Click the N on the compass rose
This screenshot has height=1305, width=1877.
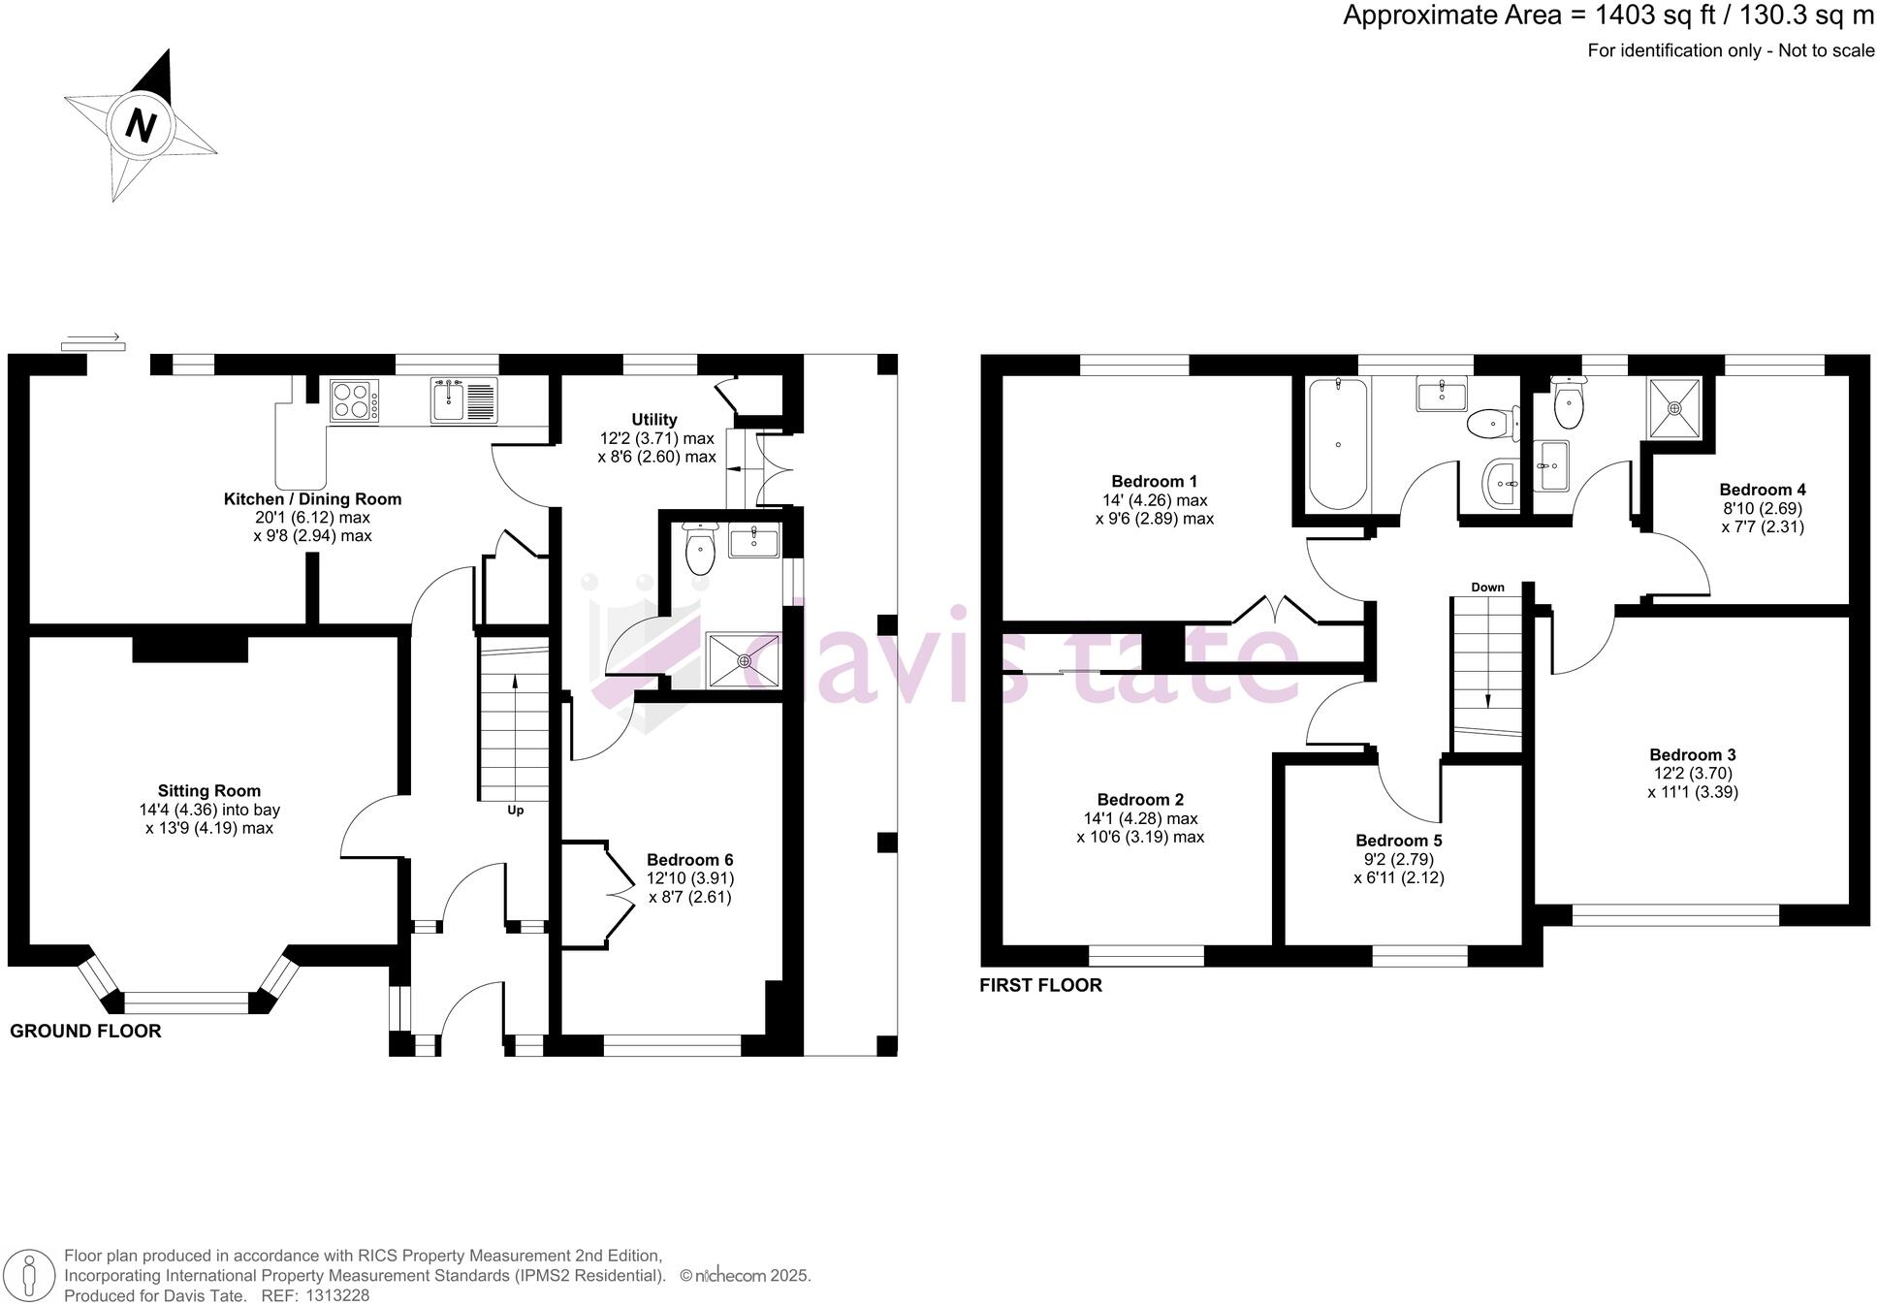coord(142,126)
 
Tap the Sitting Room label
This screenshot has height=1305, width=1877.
coord(209,791)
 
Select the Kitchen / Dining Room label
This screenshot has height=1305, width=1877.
coord(312,499)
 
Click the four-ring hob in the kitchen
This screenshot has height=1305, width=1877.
coord(354,400)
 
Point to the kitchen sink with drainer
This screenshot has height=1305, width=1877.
coord(464,400)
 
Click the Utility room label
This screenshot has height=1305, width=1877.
coord(654,420)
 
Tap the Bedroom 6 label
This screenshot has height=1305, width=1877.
coord(689,860)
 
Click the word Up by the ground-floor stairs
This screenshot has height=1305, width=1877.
coord(516,810)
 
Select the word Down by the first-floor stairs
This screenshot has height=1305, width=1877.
coord(1487,588)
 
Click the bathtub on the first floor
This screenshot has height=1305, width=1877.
coord(1337,444)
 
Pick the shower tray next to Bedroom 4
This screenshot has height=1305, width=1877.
coord(1674,407)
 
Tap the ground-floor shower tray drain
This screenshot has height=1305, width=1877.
coord(744,661)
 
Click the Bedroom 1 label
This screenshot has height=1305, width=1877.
coord(1154,482)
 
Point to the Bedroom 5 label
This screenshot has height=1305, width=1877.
coord(1398,841)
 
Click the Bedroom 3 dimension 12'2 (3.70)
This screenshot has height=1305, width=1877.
coord(1692,774)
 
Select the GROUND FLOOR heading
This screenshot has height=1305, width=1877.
coord(85,1032)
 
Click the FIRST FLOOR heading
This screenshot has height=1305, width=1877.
coord(1040,986)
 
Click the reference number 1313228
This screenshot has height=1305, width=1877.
coord(337,1295)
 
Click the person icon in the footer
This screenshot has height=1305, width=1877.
coord(30,1274)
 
